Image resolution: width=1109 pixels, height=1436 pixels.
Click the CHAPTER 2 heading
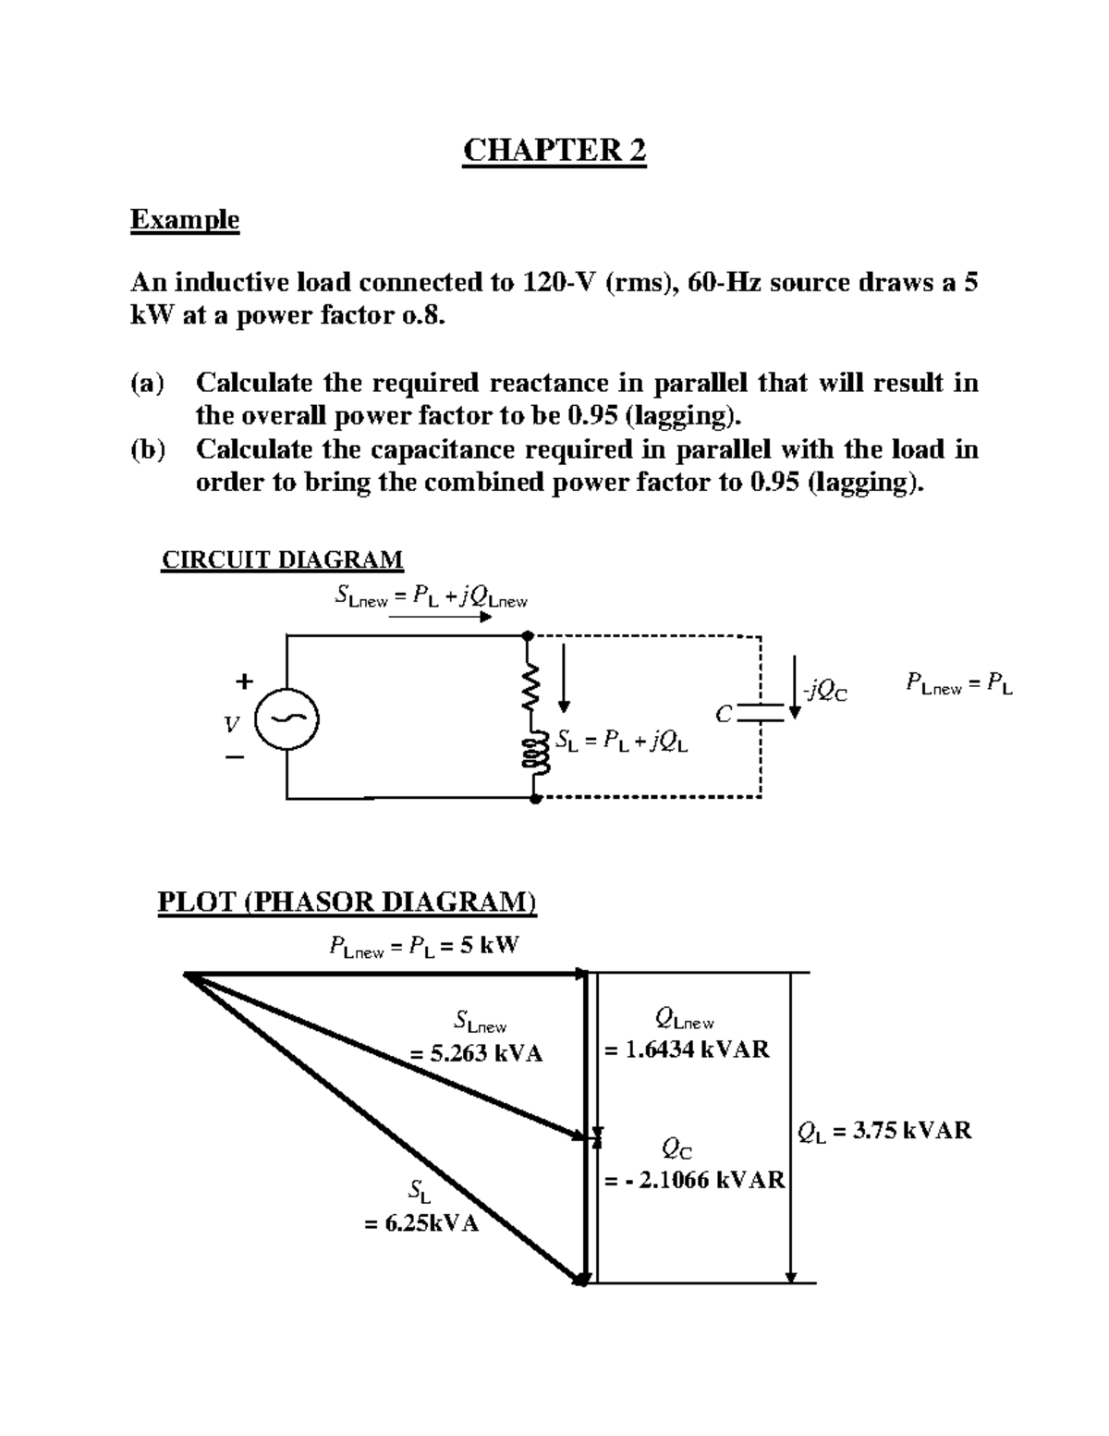click(x=554, y=150)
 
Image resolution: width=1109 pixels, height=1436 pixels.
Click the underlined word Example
click(x=185, y=220)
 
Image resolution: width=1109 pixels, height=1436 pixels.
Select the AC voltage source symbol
click(x=286, y=719)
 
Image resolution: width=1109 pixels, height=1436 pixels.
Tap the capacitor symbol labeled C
click(x=760, y=711)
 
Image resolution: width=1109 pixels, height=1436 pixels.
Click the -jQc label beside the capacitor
click(x=824, y=691)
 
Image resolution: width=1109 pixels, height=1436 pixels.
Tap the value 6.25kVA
click(x=421, y=1223)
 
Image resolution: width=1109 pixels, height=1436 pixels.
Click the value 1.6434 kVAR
click(x=688, y=1049)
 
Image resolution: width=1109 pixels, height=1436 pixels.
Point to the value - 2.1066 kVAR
click(x=695, y=1180)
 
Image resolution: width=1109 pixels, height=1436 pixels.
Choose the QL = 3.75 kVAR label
click(x=884, y=1130)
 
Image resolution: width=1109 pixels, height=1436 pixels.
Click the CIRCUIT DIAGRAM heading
click(x=282, y=560)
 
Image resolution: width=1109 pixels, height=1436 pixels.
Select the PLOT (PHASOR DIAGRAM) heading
click(x=347, y=902)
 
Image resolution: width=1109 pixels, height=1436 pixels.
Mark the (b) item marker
click(x=148, y=449)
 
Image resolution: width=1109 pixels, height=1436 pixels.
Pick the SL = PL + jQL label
click(x=622, y=741)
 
